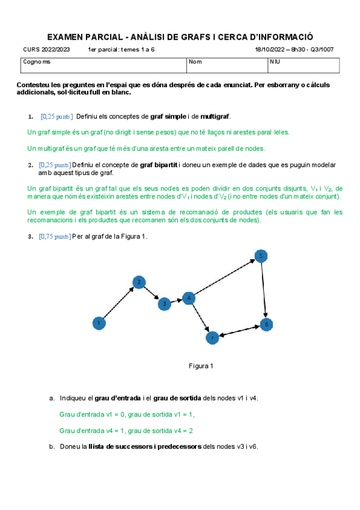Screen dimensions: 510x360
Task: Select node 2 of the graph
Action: pos(139,281)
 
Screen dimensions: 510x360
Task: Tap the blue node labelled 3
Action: pos(164,304)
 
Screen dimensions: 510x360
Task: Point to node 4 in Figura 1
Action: pos(189,298)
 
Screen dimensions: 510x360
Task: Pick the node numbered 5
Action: pos(260,256)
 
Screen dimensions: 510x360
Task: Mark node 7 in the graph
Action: pos(212,338)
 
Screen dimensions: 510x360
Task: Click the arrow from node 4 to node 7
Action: pos(200,318)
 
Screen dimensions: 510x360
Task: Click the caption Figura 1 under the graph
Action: pos(201,366)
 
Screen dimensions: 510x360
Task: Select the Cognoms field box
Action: pos(103,65)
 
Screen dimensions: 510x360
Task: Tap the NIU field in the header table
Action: pos(304,65)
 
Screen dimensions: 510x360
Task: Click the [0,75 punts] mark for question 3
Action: pos(54,236)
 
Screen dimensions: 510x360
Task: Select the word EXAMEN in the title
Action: pos(66,37)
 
